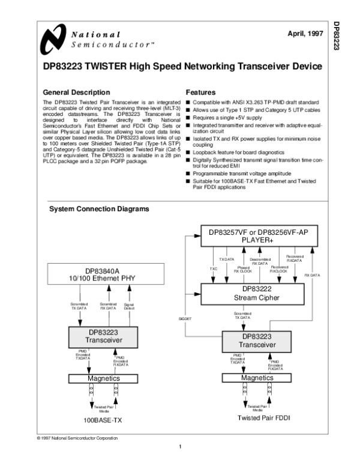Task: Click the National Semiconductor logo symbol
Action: [53, 39]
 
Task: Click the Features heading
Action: [201, 93]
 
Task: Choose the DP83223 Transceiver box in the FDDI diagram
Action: [257, 340]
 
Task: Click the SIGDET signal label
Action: [184, 318]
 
